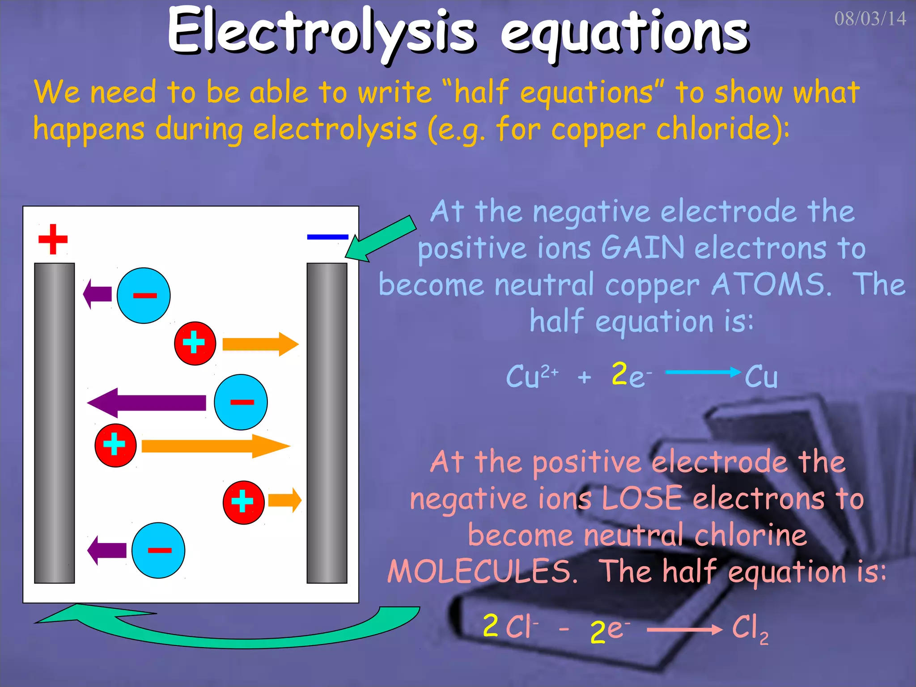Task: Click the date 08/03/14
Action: coord(869,19)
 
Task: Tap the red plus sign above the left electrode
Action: coord(53,239)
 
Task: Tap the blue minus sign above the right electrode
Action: coord(327,237)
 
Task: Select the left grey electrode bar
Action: coord(55,423)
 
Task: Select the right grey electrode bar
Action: coord(327,423)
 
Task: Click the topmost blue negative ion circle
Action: coord(144,296)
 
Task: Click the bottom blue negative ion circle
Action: coord(158,550)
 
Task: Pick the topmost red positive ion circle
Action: coord(195,343)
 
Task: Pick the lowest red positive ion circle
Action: coord(243,502)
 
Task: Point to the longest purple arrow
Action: coord(148,403)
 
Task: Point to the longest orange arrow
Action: coord(215,446)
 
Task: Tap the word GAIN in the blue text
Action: coord(642,248)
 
